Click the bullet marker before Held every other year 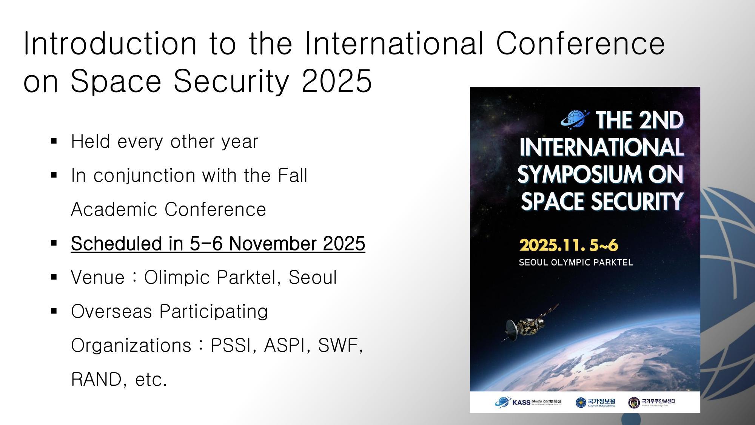(x=54, y=142)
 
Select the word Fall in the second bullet (x=293, y=175)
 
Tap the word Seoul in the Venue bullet (x=313, y=277)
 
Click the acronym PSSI (x=230, y=345)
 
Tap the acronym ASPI (x=285, y=345)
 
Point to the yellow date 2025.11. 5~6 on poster (x=569, y=245)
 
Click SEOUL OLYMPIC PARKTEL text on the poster (x=576, y=262)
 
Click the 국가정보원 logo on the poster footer (x=595, y=402)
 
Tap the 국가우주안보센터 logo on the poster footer (x=652, y=402)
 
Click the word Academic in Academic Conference (x=113, y=209)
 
